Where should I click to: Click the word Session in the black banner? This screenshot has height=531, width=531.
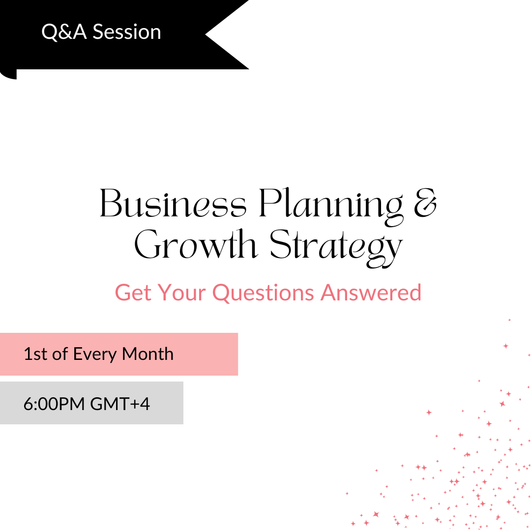point(127,32)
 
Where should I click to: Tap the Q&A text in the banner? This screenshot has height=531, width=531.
point(63,32)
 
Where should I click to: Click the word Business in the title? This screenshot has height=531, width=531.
point(173,203)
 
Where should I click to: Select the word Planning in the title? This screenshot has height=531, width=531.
point(331,206)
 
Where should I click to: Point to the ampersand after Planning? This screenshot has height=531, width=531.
point(425,203)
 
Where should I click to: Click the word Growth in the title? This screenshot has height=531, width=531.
point(196,244)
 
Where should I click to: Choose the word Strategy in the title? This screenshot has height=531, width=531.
point(336,248)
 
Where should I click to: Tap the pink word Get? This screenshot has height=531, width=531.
point(133,293)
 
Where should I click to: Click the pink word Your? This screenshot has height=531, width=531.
point(181,293)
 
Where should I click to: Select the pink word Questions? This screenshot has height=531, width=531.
point(263,293)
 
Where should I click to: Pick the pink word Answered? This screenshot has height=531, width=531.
point(371,293)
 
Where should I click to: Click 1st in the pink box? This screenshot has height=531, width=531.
point(35,354)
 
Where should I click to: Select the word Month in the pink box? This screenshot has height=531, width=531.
point(147,354)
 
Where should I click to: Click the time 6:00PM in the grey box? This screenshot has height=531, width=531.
point(54,404)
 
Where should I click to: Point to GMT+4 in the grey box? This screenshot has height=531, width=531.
point(120,404)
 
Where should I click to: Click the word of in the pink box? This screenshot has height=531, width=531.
point(60,354)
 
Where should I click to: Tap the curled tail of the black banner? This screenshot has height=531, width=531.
point(8,74)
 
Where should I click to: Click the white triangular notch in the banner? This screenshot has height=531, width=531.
point(227,34)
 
